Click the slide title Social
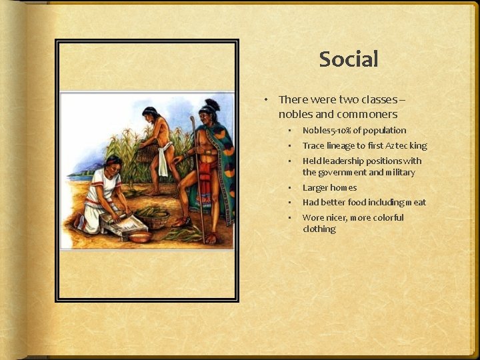tap(349, 59)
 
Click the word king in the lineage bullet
tap(419, 146)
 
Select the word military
tap(399, 173)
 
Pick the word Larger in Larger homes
tap(315, 188)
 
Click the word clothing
tap(319, 229)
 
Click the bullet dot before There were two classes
tap(265, 100)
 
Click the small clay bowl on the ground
tap(140, 236)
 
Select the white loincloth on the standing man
tap(161, 159)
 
